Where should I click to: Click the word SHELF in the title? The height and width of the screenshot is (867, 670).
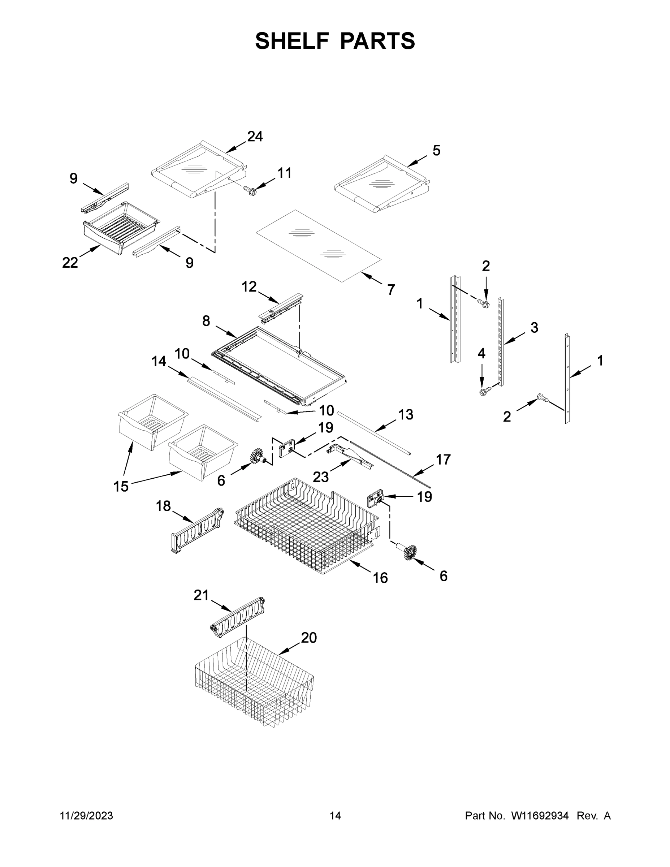[292, 41]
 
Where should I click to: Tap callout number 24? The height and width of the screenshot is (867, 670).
[255, 137]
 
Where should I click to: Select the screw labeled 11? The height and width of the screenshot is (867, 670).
[250, 191]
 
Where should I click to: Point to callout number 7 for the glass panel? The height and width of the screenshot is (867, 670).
[391, 290]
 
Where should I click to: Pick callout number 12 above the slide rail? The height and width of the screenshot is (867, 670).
[249, 286]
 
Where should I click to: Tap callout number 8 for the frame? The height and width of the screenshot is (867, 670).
[206, 321]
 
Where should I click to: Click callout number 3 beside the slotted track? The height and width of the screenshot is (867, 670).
[534, 328]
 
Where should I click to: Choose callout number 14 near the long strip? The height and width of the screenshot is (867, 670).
[159, 361]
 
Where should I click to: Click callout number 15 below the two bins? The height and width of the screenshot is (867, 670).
[121, 486]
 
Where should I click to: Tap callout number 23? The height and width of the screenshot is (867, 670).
[321, 477]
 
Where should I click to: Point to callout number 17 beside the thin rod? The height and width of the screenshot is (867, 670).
[444, 460]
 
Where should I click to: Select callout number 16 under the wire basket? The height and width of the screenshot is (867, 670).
[380, 578]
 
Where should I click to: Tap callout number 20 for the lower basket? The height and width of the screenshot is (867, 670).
[309, 638]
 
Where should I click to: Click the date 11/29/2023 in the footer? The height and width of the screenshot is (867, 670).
[87, 816]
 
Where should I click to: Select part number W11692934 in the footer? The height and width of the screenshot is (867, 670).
[540, 816]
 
